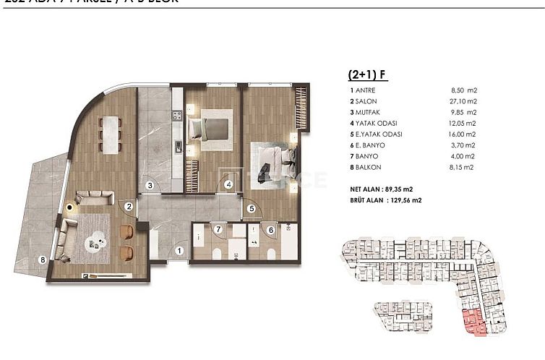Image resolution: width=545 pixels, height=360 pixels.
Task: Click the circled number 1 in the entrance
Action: (x=180, y=252)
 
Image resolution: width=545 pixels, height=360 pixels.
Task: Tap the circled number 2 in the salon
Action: (x=128, y=207)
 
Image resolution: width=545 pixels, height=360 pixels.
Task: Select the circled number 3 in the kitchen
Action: (x=149, y=185)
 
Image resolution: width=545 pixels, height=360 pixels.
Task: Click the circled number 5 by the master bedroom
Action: (x=252, y=209)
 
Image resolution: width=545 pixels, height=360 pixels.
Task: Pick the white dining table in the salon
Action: (x=111, y=134)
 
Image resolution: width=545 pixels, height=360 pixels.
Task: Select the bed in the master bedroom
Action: (x=272, y=159)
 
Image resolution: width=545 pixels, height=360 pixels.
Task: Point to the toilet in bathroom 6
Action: (x=268, y=254)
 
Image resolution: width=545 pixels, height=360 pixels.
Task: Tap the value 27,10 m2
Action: (x=463, y=101)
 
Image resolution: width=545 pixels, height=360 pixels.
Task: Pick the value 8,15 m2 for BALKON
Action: (x=463, y=168)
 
